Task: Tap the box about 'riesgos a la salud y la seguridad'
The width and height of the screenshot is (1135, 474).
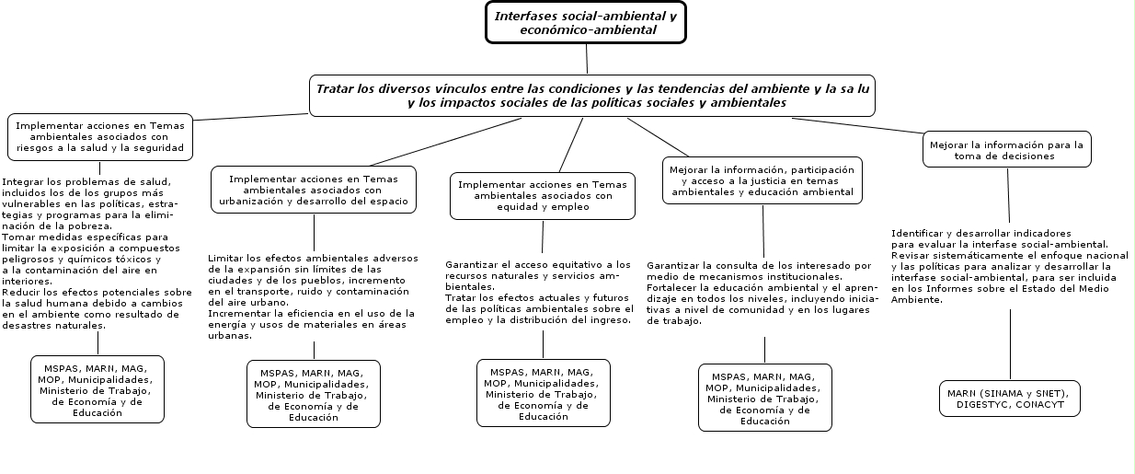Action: pyautogui.click(x=100, y=136)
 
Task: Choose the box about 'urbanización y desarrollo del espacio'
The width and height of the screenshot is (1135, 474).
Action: pyautogui.click(x=314, y=190)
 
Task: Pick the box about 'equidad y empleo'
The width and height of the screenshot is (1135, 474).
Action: pyautogui.click(x=542, y=196)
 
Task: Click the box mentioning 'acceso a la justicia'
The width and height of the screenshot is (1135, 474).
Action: pyautogui.click(x=762, y=181)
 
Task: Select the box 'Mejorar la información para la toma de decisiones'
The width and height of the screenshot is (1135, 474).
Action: pyautogui.click(x=1006, y=150)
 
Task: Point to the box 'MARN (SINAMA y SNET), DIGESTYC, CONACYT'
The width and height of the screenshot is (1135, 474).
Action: pyautogui.click(x=1010, y=399)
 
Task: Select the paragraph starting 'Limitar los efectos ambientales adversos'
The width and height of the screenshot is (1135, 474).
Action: pyautogui.click(x=313, y=296)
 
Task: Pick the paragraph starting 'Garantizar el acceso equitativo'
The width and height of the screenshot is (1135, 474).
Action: pyautogui.click(x=539, y=292)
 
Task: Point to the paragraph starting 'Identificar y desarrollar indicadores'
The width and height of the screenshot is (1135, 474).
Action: pyautogui.click(x=1009, y=266)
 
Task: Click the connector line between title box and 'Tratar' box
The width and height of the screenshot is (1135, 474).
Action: pyautogui.click(x=586, y=59)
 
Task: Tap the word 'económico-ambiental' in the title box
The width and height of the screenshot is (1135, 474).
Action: pyautogui.click(x=588, y=29)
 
